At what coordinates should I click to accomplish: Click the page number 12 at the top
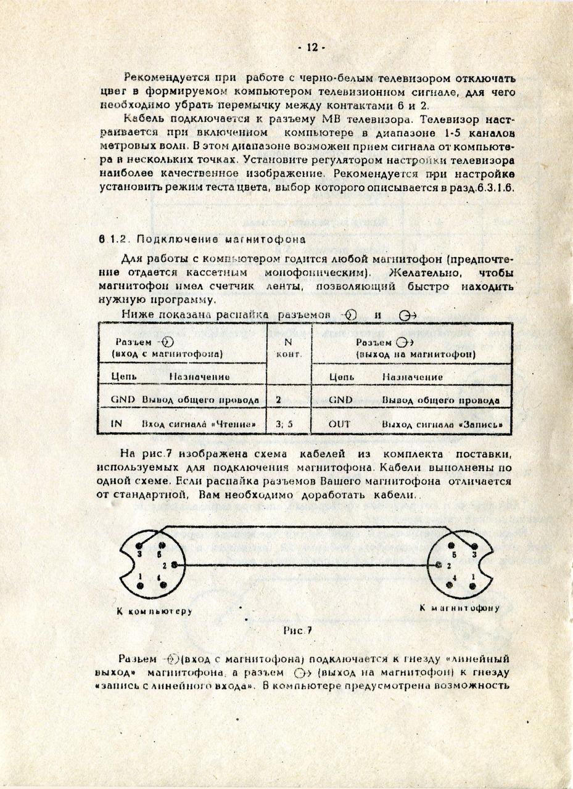click(x=311, y=48)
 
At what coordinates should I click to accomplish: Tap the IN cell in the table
click(x=117, y=424)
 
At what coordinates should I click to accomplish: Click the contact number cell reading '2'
click(x=279, y=399)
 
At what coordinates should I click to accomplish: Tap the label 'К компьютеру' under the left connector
click(x=154, y=612)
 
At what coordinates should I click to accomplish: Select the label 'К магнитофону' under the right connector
click(x=460, y=608)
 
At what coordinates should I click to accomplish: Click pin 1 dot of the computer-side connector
click(x=141, y=584)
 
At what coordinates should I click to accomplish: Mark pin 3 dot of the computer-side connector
click(x=141, y=545)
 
